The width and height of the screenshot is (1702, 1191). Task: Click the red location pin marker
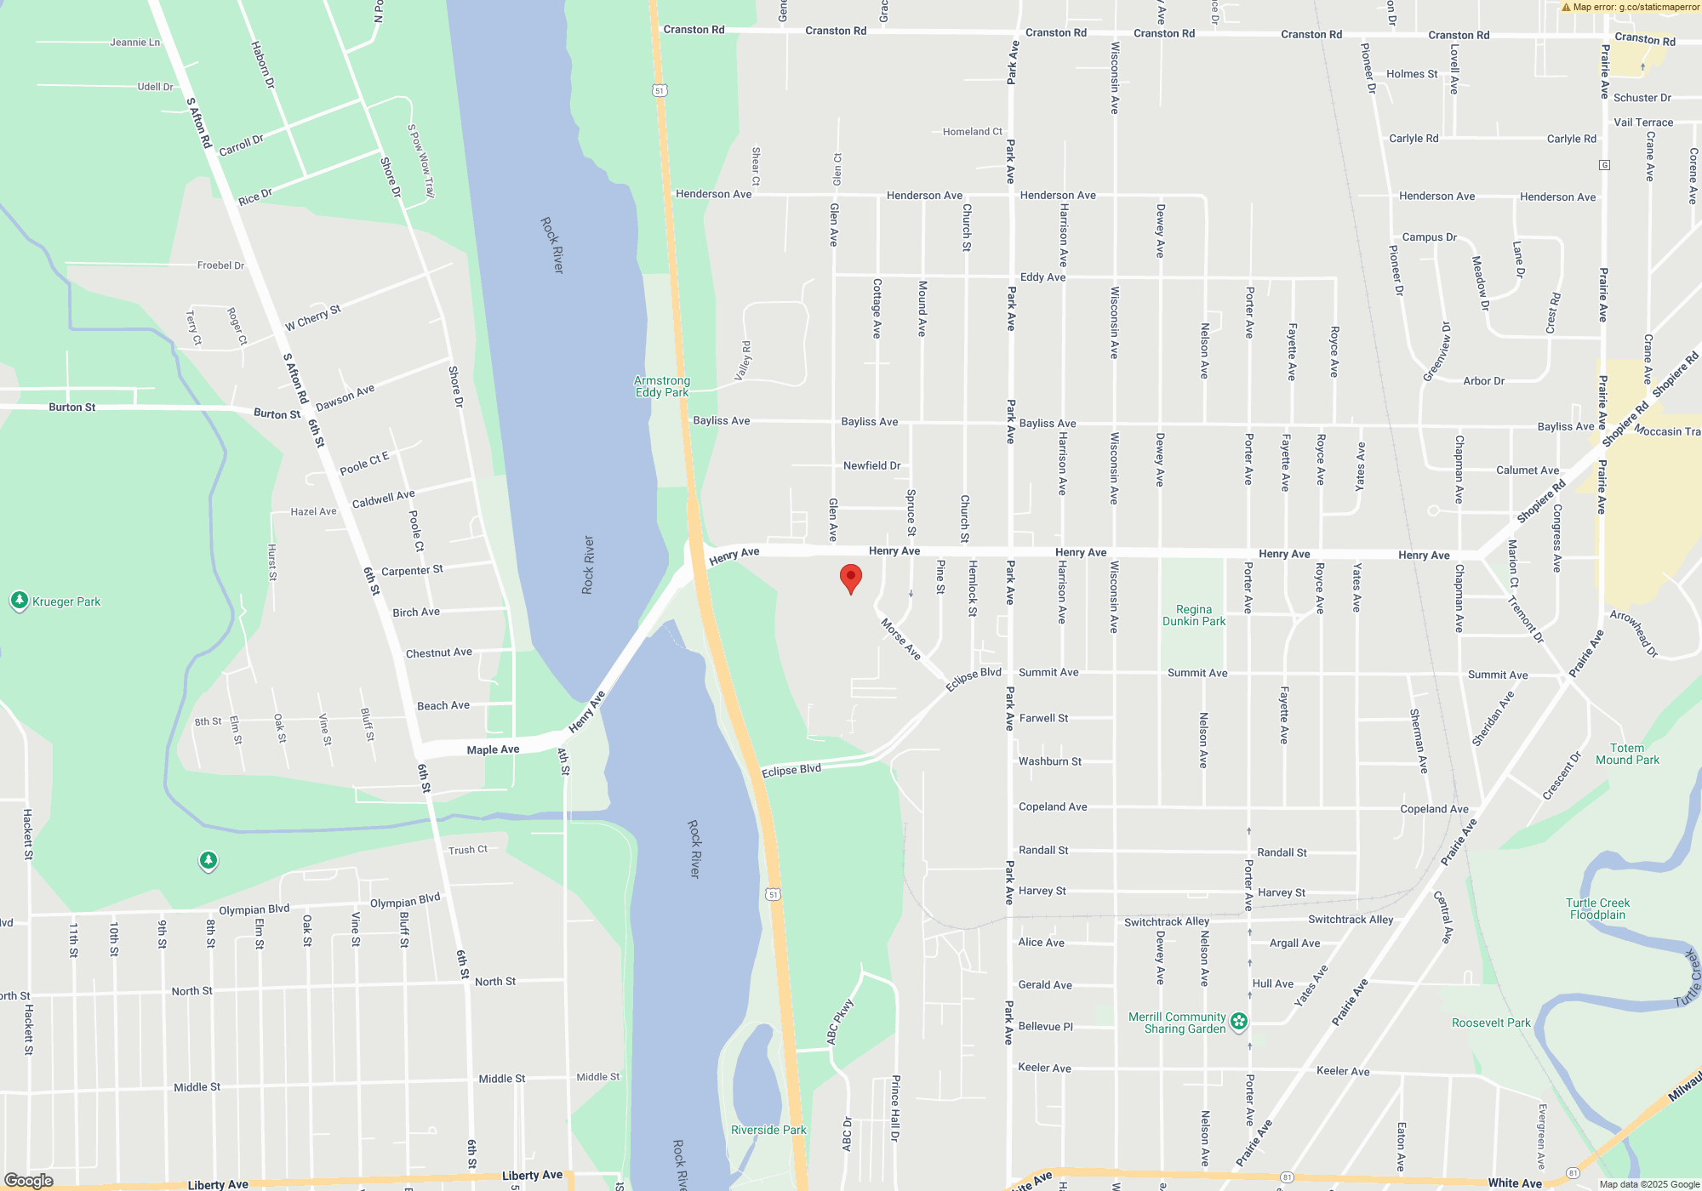[x=850, y=578]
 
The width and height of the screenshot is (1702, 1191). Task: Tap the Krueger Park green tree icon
[x=20, y=601]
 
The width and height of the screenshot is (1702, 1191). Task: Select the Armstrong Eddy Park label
[x=662, y=387]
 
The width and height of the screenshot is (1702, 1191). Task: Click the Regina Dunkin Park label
[x=1194, y=615]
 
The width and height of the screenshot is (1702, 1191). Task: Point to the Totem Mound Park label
[x=1627, y=755]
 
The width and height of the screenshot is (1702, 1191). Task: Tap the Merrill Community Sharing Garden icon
[x=1239, y=1021]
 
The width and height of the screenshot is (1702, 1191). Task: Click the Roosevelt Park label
[x=1491, y=1023]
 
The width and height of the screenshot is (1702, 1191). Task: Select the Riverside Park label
[x=768, y=1130]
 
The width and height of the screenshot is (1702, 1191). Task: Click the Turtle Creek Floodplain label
[x=1597, y=909]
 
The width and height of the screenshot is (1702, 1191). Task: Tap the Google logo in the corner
[x=28, y=1181]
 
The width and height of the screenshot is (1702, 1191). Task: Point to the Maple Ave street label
[x=493, y=749]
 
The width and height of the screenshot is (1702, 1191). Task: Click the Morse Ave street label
[x=900, y=639]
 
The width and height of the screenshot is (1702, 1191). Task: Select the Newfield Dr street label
[x=871, y=465]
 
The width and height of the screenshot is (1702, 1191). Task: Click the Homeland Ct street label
[x=972, y=132]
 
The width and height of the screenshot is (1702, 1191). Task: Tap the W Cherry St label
[x=312, y=317]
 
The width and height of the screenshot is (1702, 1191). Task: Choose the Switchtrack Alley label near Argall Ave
[x=1351, y=919]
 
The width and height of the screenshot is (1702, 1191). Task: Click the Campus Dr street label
[x=1429, y=237]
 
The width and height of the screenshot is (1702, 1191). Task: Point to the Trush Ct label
[x=467, y=850]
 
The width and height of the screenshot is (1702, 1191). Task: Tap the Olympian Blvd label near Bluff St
[x=405, y=901]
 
